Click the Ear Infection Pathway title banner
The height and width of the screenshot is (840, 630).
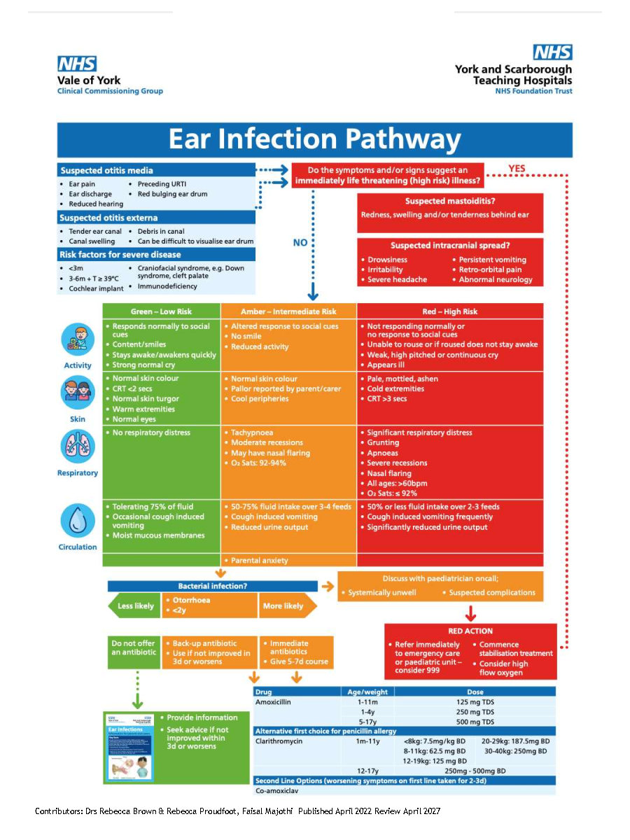tap(315, 140)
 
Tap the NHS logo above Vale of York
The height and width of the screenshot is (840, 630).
tap(77, 64)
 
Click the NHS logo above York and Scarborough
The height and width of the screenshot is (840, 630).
tap(553, 52)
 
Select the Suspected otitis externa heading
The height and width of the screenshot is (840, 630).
tap(108, 218)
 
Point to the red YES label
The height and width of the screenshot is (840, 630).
tap(517, 169)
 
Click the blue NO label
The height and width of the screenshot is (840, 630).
tap(300, 243)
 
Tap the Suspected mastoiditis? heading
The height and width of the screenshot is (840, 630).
tap(450, 201)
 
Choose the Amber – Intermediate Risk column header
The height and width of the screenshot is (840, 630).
tap(288, 311)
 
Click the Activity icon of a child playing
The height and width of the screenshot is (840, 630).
tap(78, 339)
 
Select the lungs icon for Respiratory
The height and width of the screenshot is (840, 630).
tap(78, 447)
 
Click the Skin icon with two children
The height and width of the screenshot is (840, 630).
tap(78, 393)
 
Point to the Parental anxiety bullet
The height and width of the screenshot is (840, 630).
tap(259, 560)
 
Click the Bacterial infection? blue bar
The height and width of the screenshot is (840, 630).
tap(212, 586)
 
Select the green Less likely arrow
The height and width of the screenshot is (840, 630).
tap(134, 605)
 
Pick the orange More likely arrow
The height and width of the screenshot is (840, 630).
tap(288, 605)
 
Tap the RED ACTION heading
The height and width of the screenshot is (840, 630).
tap(470, 631)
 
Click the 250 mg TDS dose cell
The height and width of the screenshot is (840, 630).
tap(475, 712)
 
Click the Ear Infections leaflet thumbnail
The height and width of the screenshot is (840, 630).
tap(130, 748)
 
